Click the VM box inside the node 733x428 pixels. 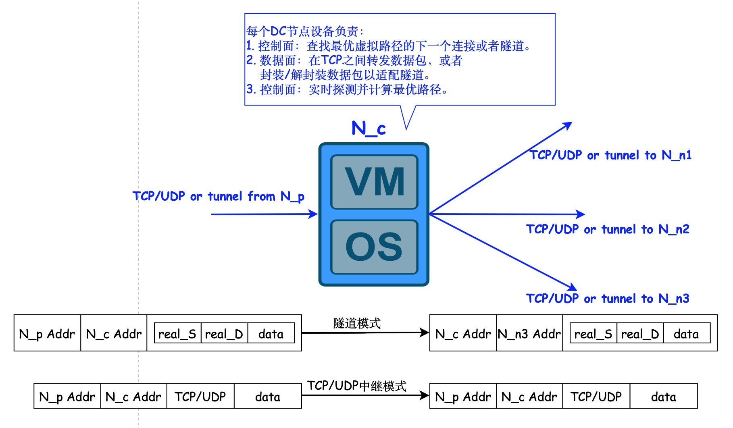click(x=374, y=182)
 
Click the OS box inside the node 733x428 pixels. click(x=374, y=247)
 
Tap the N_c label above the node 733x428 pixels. click(x=369, y=129)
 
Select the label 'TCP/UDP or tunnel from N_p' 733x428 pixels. click(x=218, y=196)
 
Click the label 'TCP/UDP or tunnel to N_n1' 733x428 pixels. click(x=610, y=155)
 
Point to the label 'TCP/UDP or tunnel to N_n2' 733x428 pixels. click(x=608, y=229)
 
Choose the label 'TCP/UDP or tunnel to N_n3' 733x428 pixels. click(x=608, y=299)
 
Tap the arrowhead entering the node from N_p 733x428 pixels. click(x=313, y=214)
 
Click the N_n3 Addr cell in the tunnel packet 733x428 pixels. click(x=529, y=334)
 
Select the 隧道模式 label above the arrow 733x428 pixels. click(x=357, y=323)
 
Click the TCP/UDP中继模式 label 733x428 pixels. click(x=357, y=386)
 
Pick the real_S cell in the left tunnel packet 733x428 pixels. click(x=177, y=334)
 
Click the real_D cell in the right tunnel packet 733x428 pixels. click(x=640, y=334)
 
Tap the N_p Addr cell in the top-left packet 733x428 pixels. click(x=47, y=334)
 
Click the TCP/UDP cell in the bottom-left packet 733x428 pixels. click(x=200, y=397)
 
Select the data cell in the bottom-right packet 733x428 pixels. click(x=663, y=397)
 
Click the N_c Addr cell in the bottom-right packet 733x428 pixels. click(x=529, y=397)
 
